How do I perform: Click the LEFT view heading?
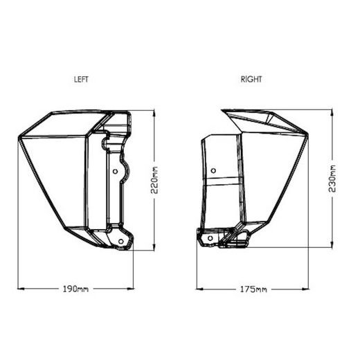(81, 80)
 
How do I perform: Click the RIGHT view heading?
(251, 80)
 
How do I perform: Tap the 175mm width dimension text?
(253, 287)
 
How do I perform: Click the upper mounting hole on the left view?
(114, 170)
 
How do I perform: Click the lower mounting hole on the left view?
(122, 241)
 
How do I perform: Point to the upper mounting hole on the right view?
(213, 170)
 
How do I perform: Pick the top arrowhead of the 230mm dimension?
(334, 111)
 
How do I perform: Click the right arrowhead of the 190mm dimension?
(132, 287)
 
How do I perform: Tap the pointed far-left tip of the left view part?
(19, 138)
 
